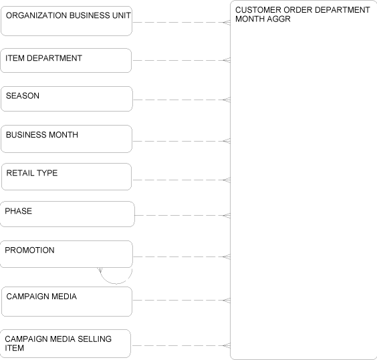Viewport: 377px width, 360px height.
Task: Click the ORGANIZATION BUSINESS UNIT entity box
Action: click(66, 21)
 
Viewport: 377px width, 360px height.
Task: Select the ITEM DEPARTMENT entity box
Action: click(66, 60)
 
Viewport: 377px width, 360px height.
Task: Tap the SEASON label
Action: click(23, 96)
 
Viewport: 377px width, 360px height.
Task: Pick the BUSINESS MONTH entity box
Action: click(66, 139)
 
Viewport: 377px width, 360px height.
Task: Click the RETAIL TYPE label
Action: click(32, 173)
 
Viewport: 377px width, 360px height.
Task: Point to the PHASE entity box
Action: click(67, 214)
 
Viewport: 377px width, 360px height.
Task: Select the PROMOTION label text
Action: click(29, 250)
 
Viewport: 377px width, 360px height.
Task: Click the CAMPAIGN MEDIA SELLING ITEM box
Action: click(66, 344)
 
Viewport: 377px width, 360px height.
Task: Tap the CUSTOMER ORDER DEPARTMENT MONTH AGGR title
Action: click(302, 15)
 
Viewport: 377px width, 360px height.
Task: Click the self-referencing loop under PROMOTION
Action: click(116, 284)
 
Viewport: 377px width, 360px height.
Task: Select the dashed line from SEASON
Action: click(181, 100)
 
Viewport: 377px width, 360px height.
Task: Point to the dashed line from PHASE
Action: click(182, 215)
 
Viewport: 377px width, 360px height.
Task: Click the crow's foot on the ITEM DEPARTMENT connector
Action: click(227, 60)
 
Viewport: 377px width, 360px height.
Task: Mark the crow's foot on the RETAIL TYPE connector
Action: click(227, 180)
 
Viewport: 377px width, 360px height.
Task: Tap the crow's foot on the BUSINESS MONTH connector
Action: click(227, 141)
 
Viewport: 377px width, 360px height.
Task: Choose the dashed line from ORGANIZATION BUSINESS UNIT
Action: click(181, 22)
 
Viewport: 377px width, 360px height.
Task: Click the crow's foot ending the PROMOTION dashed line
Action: click(227, 257)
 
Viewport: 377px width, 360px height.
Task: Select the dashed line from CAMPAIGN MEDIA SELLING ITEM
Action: click(180, 346)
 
